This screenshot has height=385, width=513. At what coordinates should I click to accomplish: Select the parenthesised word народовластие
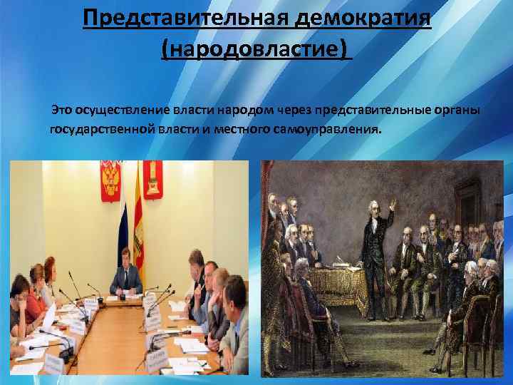257,50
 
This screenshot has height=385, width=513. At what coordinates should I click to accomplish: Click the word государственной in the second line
96,130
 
